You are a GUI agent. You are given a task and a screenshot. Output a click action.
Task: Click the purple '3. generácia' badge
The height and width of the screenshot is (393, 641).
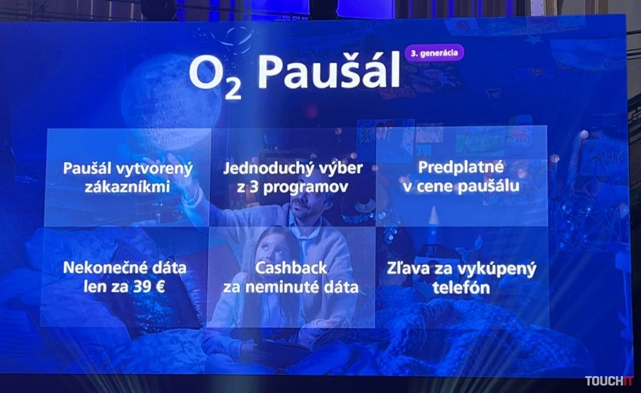434,53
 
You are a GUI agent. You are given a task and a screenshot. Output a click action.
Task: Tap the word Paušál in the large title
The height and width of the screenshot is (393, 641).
329,73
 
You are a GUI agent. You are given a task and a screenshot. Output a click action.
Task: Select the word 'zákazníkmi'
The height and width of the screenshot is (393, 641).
127,186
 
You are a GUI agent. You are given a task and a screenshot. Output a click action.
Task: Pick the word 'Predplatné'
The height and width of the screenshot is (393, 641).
461,168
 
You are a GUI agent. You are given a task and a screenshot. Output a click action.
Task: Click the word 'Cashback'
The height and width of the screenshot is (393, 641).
291,268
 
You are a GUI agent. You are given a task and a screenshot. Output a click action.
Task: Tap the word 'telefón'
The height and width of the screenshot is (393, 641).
461,288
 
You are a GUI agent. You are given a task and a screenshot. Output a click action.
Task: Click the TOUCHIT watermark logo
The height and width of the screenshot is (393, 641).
608,381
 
